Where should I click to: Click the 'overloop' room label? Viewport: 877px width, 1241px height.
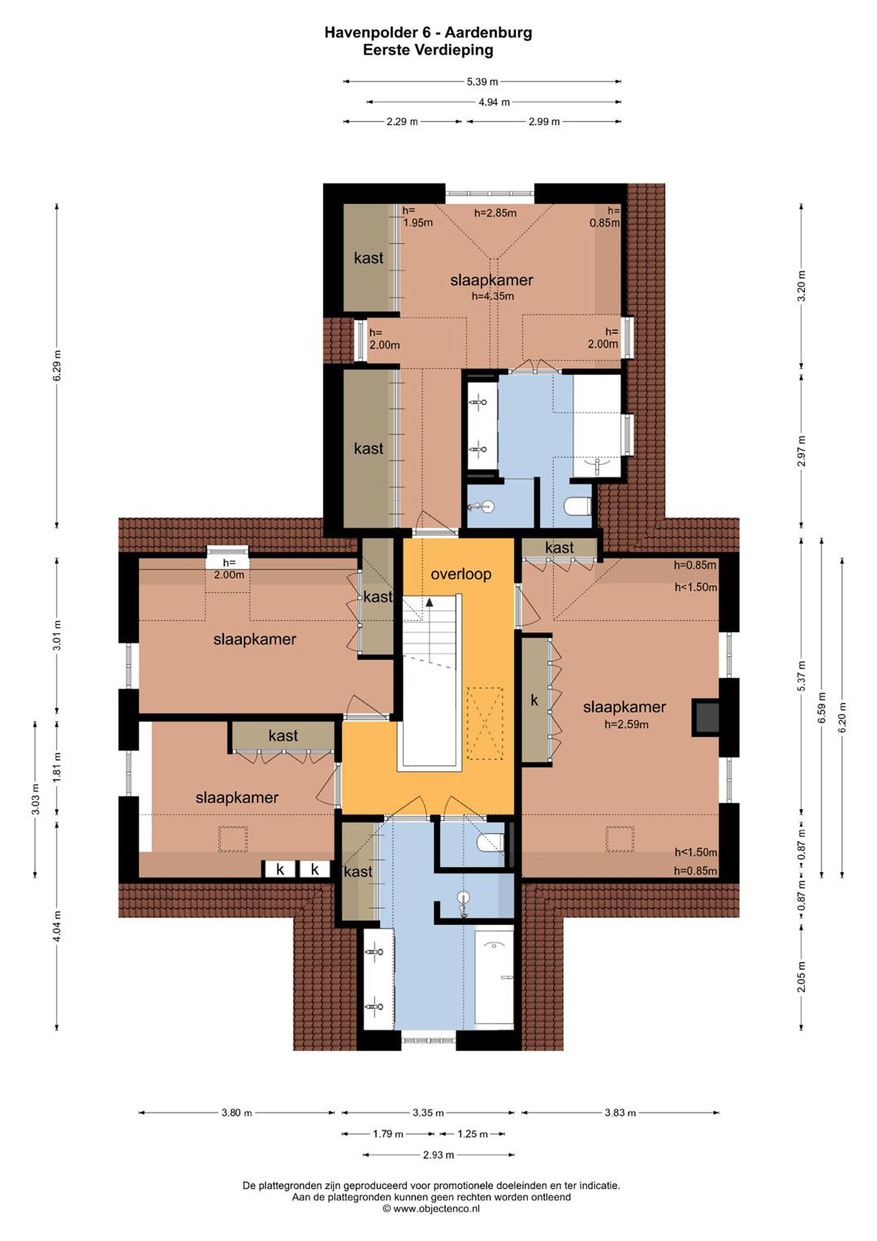tap(461, 574)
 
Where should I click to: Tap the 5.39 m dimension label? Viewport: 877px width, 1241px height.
tap(482, 82)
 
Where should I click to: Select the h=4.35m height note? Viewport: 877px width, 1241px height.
tap(493, 296)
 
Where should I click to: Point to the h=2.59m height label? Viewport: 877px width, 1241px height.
tap(626, 724)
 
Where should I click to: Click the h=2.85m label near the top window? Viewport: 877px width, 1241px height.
tap(495, 213)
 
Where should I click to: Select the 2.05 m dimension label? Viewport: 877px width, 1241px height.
tap(801, 977)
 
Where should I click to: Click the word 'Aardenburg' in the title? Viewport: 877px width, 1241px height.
tap(488, 33)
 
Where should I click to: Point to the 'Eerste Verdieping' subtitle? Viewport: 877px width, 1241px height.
tap(428, 50)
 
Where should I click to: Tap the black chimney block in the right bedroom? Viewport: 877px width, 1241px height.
tap(706, 718)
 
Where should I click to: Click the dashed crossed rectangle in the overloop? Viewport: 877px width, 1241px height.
tap(485, 723)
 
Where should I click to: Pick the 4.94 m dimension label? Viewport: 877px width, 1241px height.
tap(494, 102)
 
